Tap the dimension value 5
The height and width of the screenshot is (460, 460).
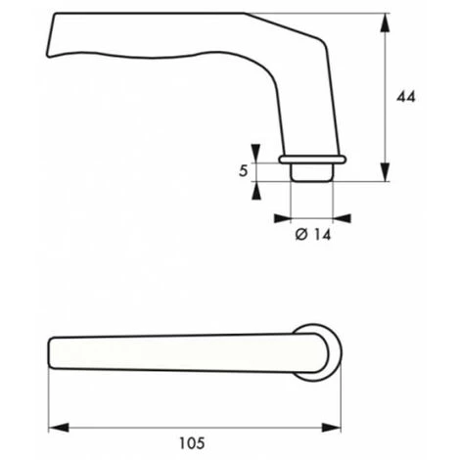(x=242, y=170)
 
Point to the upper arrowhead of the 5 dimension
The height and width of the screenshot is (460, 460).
(x=255, y=152)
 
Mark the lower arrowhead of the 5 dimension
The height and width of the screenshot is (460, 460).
(x=255, y=188)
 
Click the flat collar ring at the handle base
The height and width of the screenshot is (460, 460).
(x=311, y=158)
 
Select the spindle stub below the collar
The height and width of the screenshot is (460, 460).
(x=311, y=171)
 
